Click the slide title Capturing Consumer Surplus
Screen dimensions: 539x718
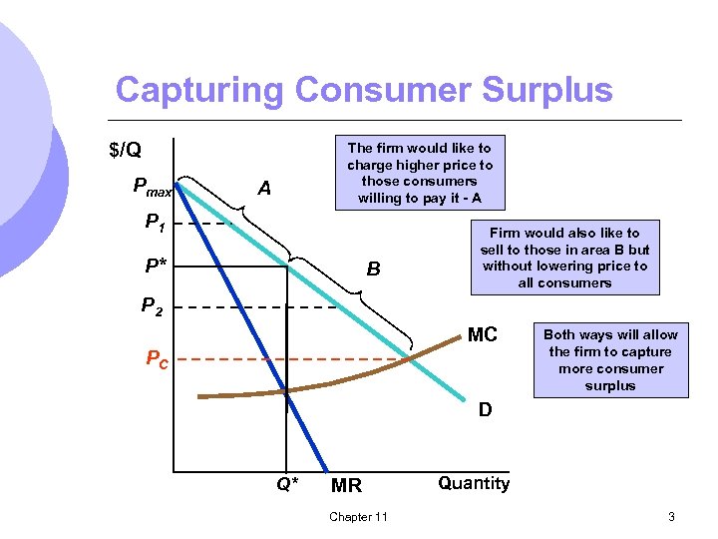click(364, 90)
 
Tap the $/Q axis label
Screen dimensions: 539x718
click(125, 151)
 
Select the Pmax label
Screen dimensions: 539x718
click(153, 186)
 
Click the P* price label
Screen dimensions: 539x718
click(156, 268)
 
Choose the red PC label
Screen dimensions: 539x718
click(158, 358)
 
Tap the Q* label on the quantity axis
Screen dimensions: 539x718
click(287, 485)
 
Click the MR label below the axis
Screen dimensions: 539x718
click(346, 486)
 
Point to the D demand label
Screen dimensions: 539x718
click(484, 409)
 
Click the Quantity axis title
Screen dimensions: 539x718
click(474, 484)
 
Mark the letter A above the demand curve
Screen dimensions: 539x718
click(264, 188)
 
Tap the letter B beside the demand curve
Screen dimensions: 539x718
click(373, 269)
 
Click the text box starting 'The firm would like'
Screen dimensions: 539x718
click(420, 173)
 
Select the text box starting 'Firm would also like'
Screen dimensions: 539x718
click(564, 258)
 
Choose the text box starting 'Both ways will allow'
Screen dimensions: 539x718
click(610, 360)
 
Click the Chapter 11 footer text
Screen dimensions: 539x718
click(358, 516)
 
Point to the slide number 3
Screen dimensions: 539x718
click(671, 516)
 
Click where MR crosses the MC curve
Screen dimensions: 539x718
click(286, 391)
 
